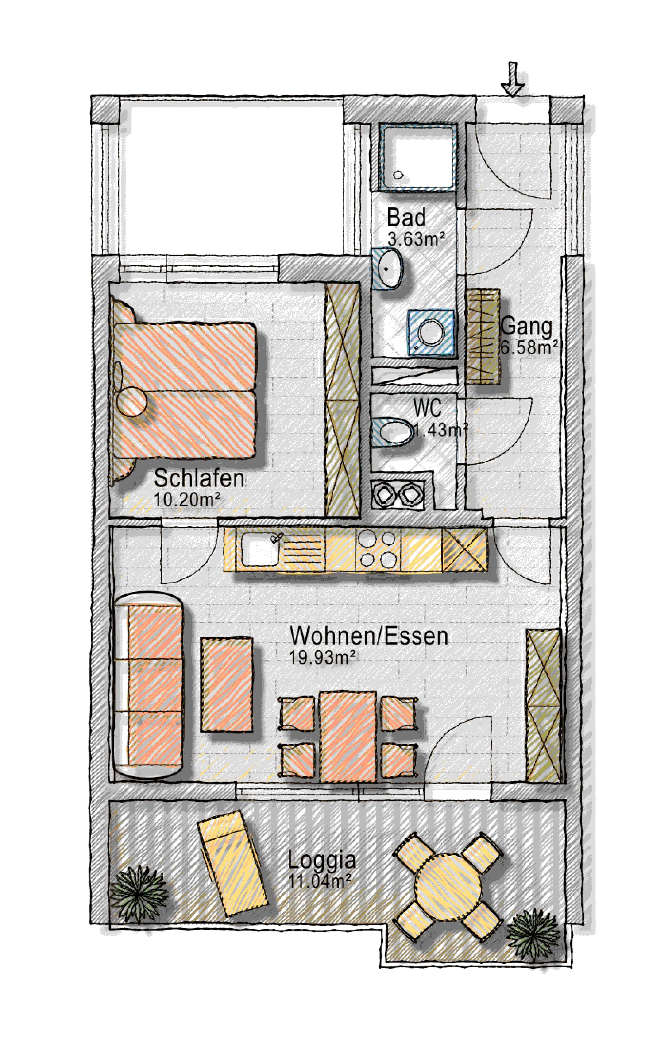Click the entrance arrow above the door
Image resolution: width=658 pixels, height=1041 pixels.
[x=513, y=79]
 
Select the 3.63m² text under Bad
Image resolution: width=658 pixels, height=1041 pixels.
[x=416, y=239]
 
